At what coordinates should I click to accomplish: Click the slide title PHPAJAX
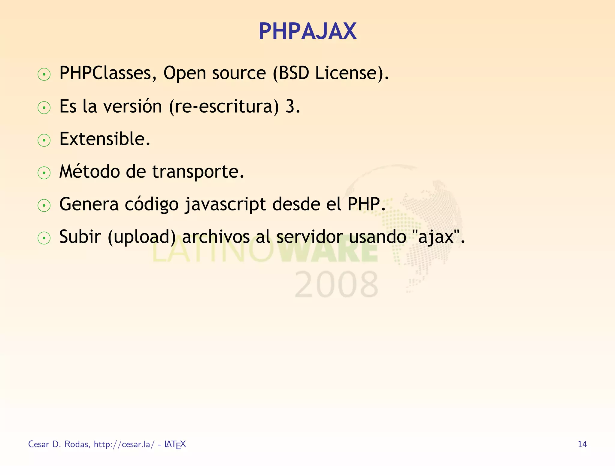307,31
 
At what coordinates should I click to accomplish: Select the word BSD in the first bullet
294,73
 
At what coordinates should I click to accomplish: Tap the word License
345,73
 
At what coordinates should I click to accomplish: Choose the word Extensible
105,139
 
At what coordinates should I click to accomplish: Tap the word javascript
225,205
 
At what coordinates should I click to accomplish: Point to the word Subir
80,237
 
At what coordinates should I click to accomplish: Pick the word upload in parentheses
142,237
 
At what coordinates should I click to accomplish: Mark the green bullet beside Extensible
44,140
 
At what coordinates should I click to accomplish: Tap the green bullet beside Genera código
44,206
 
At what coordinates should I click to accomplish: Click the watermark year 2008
336,284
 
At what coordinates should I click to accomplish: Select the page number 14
582,444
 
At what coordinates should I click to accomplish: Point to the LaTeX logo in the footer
175,444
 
